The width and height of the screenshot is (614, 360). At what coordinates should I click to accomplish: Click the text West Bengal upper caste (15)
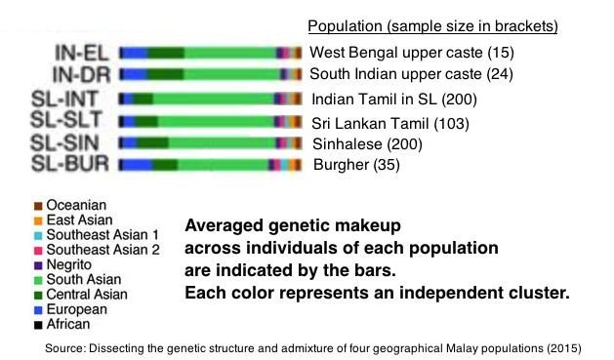point(411,52)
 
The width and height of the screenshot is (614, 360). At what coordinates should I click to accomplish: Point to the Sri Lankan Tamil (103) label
point(390,124)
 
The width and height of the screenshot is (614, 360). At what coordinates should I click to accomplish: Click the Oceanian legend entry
point(74,205)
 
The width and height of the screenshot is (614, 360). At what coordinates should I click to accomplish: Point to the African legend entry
point(68,323)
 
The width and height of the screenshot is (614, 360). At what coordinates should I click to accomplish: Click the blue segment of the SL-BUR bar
point(138,165)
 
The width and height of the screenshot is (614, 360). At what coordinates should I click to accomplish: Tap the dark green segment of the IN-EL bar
point(165,52)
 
